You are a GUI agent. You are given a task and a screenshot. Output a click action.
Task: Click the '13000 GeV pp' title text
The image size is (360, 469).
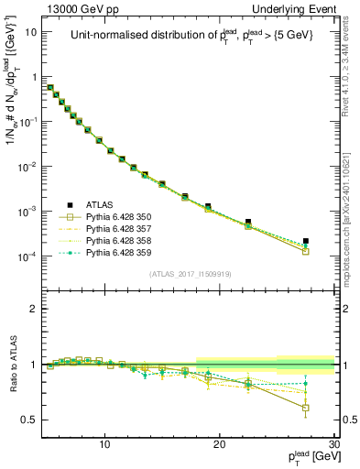click(82, 8)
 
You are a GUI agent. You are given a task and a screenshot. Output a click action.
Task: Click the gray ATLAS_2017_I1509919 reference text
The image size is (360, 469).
click(191, 273)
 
